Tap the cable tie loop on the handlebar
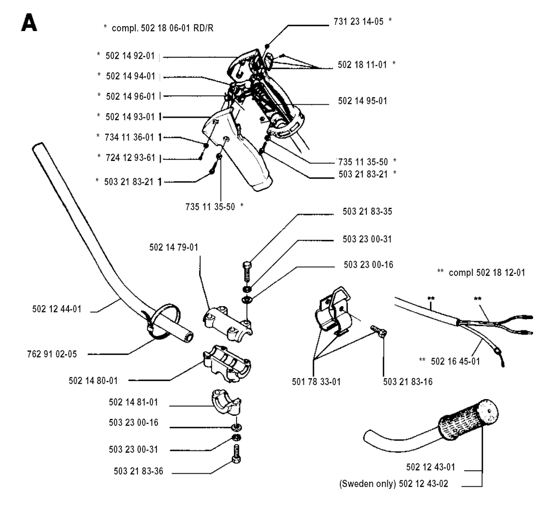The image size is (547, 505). [163, 320]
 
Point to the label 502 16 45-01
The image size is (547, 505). [455, 362]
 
